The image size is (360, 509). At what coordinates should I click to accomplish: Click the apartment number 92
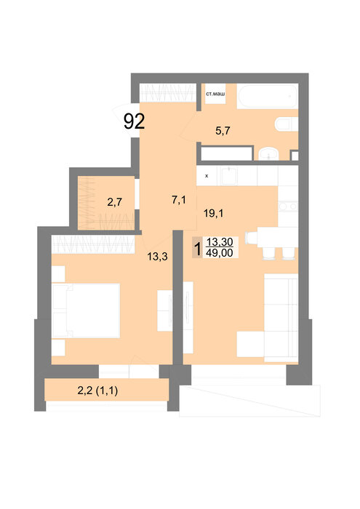134,121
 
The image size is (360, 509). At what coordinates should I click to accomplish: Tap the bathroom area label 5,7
223,130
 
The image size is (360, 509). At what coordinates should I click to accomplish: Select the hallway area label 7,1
178,200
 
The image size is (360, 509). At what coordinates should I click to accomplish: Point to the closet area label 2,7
115,202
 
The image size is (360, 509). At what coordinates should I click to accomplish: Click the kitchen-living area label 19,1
213,213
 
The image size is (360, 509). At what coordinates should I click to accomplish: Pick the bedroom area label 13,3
157,257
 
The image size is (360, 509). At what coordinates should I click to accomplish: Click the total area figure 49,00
220,252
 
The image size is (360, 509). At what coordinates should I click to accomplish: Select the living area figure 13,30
220,242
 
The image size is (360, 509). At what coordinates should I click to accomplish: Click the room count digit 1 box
197,248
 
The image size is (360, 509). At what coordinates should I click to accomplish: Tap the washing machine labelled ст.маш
215,94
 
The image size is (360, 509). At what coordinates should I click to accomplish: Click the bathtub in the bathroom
268,96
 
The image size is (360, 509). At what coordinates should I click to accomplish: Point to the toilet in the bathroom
287,124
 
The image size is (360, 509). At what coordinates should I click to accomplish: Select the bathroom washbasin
268,153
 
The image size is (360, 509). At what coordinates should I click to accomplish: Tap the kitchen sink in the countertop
230,176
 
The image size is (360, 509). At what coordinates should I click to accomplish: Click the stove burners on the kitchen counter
288,206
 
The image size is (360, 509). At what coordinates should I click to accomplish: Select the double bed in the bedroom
86,310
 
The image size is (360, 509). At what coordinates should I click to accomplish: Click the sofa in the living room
281,318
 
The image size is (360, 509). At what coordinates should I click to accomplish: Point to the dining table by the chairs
277,237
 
